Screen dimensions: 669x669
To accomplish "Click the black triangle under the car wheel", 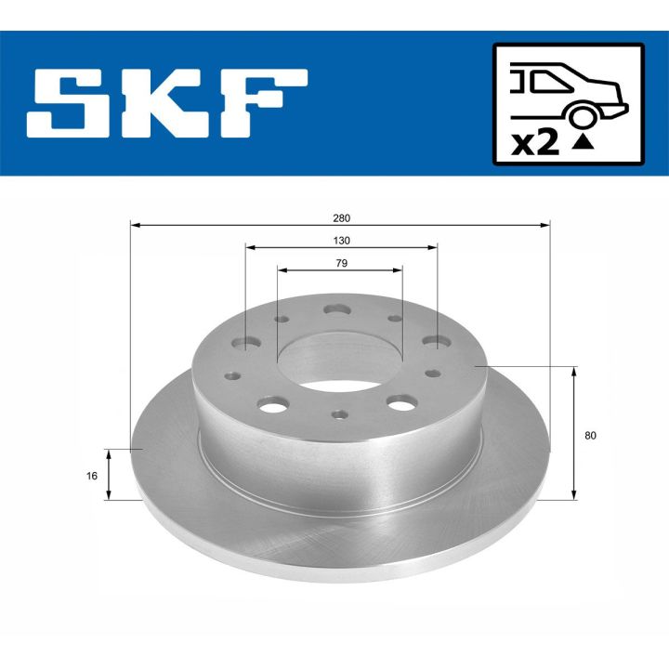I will [x=584, y=142].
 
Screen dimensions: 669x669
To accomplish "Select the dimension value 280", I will [x=340, y=217].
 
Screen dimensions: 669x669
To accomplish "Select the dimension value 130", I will [x=340, y=240].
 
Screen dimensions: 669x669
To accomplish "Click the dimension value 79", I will [x=340, y=263].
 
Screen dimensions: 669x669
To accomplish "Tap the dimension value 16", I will [x=92, y=475].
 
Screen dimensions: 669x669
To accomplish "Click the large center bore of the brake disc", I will [x=340, y=358].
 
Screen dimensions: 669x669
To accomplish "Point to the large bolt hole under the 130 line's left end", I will [x=245, y=344].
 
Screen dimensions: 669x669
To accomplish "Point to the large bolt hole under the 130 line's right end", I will [x=436, y=343].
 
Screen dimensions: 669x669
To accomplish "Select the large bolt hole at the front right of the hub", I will [x=401, y=403].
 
